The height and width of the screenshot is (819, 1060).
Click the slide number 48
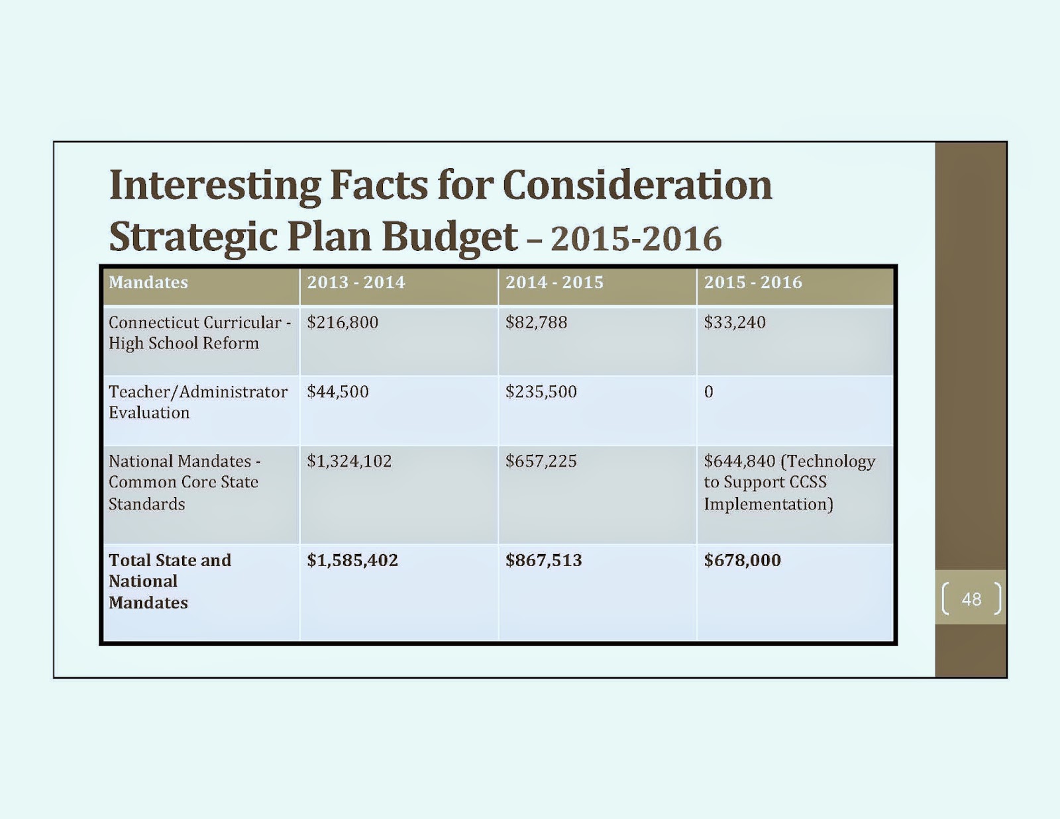pos(971,599)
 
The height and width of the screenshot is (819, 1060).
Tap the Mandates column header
pos(148,283)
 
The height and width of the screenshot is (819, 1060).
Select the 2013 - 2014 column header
pos(356,283)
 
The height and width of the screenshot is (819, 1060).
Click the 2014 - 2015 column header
pos(555,283)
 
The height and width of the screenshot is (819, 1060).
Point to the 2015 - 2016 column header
pos(753,283)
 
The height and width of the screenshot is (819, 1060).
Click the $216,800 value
pos(343,322)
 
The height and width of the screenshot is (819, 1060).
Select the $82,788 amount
pos(537,322)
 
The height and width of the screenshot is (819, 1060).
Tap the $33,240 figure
pos(735,322)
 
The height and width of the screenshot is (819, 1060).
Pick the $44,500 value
pos(338,392)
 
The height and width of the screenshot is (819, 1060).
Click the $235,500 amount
pos(541,392)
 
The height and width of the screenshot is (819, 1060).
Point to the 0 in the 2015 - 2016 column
pos(709,392)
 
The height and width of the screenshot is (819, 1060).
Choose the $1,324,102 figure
pos(349,461)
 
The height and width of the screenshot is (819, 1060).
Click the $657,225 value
pos(541,461)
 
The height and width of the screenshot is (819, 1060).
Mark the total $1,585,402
pos(352,560)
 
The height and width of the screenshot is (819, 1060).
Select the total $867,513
pos(544,560)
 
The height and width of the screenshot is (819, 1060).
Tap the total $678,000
pos(743,560)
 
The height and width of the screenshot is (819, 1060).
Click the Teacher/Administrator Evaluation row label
pos(197,402)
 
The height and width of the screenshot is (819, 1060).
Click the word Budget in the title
pos(450,237)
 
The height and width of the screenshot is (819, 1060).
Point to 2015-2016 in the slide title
pos(636,239)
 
